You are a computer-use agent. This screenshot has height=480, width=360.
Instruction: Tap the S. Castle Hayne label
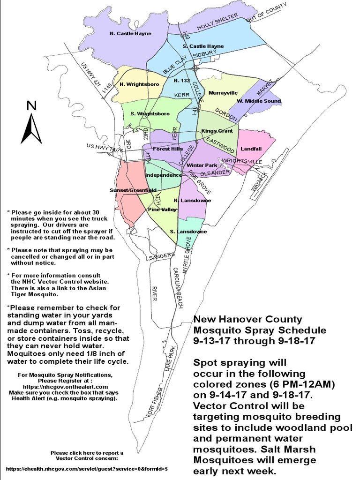[203, 46]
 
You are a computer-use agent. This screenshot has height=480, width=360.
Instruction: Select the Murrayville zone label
[223, 93]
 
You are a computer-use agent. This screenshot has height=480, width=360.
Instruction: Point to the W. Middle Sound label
[259, 101]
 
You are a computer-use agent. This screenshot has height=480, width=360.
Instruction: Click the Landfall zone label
[251, 149]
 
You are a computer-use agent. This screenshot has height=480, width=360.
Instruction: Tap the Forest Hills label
[167, 149]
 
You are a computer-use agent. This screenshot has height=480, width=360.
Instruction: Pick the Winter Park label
[202, 165]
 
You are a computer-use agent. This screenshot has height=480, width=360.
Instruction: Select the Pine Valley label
[163, 209]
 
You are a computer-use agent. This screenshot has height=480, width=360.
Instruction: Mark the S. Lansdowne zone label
[188, 232]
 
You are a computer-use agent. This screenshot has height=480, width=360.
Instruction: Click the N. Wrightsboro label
[139, 84]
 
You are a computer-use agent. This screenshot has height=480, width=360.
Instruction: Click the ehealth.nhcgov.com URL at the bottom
[87, 468]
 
